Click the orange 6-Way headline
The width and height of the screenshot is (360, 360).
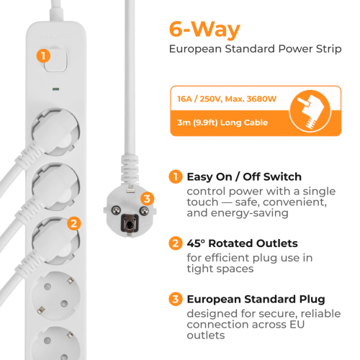[x=204, y=30]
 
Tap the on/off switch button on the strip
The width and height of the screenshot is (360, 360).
[x=55, y=60]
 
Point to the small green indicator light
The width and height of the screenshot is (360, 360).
[x=56, y=89]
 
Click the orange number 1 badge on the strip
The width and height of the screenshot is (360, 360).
[x=43, y=56]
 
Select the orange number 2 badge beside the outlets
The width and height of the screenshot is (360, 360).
[x=73, y=223]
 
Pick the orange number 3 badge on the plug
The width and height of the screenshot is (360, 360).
[x=147, y=199]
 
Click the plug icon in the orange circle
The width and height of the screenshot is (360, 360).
[x=310, y=111]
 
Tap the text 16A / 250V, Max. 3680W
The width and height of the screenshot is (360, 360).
[x=227, y=99]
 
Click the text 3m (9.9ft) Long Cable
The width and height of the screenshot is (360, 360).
[x=222, y=122]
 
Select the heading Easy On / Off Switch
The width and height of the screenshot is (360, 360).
[x=244, y=177]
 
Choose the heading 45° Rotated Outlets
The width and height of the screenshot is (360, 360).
[x=243, y=243]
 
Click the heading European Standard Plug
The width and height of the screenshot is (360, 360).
[x=256, y=300]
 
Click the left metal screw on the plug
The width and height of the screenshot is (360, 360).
[x=116, y=210]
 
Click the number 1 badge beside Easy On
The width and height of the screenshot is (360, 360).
[x=176, y=177]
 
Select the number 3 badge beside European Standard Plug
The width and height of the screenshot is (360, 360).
[x=176, y=299]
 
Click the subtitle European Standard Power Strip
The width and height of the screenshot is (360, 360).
[x=256, y=49]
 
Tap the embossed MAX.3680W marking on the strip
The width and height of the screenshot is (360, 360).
[x=55, y=36]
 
